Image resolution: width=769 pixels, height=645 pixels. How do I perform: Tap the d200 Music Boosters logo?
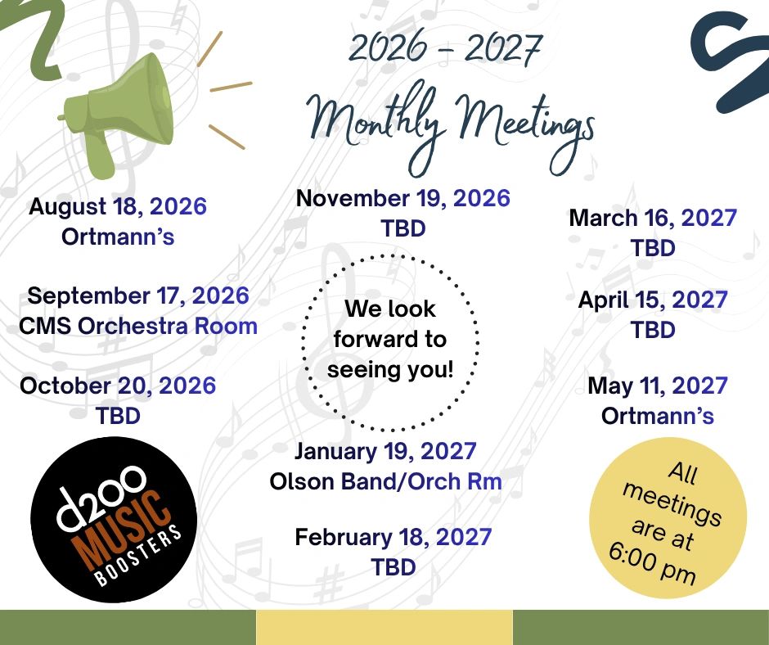114,519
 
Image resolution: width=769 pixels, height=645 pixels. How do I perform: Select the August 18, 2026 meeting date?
118,206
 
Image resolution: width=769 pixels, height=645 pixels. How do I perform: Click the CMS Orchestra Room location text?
138,326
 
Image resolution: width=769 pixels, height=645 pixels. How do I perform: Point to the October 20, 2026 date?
118,386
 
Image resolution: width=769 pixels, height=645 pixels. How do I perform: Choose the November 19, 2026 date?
403,198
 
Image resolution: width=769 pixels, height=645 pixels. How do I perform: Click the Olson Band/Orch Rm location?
386,481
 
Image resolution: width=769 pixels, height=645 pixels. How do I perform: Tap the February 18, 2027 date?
393,536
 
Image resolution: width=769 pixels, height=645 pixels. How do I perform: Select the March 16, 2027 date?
653,218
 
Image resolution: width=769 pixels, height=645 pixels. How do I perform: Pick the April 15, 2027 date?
653,300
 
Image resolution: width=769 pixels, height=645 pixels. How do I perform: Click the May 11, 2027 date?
658,386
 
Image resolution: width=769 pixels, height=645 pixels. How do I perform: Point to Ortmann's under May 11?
658,416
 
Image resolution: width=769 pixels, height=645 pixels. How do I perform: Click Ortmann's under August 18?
118,237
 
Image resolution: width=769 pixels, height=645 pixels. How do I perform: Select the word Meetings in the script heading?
524,129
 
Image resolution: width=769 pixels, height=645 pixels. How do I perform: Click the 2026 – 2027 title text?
445,48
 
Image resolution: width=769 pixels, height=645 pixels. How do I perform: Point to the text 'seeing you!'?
390,369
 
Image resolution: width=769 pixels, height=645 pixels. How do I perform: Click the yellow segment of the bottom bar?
384,627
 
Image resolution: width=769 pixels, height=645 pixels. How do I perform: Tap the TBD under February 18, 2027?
393,567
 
